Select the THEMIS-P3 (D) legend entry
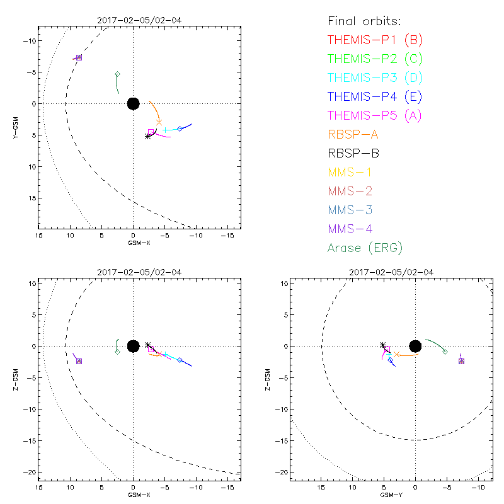pyautogui.click(x=375, y=78)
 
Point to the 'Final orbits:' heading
pyautogui.click(x=365, y=21)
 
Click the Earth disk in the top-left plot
pyautogui.click(x=133, y=103)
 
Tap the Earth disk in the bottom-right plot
pyautogui.click(x=415, y=346)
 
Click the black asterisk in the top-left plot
pyautogui.click(x=148, y=136)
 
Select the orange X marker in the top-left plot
pyautogui.click(x=159, y=122)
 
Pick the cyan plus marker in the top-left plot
pyautogui.click(x=165, y=130)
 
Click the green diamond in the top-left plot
pyautogui.click(x=117, y=74)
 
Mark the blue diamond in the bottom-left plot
pyautogui.click(x=180, y=360)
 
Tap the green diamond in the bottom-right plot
pyautogui.click(x=445, y=352)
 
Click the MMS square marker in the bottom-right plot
pyautogui.click(x=461, y=361)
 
